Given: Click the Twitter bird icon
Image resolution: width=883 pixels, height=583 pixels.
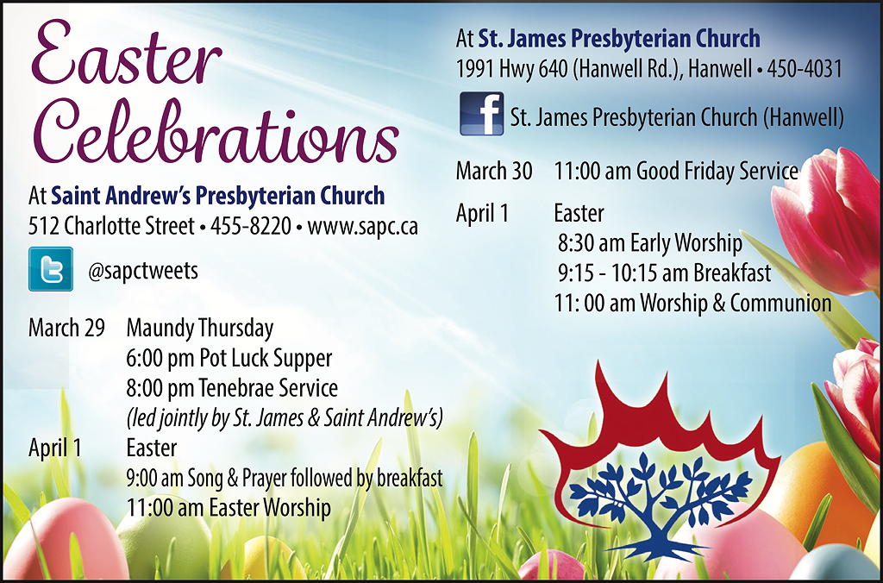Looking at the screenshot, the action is point(51,269).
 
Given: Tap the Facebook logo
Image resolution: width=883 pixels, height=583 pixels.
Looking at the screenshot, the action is point(482,114).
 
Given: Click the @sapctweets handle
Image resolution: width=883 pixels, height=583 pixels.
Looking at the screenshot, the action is point(143,271).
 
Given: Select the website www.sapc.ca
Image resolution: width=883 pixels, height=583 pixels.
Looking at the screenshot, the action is point(363,227).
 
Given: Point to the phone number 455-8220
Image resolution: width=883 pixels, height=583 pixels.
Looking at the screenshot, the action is point(251,226).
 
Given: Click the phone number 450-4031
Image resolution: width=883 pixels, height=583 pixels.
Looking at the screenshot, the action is point(805,69).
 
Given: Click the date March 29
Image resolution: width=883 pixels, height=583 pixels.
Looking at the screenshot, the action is point(66,328).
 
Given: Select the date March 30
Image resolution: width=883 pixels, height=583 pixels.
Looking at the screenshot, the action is point(494,172).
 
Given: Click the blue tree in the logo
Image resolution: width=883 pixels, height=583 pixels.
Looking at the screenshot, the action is point(660,505).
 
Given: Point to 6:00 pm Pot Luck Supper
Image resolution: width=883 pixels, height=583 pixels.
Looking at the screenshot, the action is point(229,358).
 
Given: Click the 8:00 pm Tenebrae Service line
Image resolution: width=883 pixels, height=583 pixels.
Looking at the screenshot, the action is point(232,388).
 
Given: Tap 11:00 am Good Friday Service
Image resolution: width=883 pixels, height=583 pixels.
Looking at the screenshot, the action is point(676,172).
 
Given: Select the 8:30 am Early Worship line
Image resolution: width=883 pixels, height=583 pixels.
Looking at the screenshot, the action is point(650,243).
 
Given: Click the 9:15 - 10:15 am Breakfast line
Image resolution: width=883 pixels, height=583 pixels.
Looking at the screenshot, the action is point(665,273).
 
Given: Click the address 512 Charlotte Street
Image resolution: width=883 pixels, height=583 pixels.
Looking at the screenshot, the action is point(111,226).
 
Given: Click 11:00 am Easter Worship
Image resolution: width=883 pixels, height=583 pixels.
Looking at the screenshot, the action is point(229,507).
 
